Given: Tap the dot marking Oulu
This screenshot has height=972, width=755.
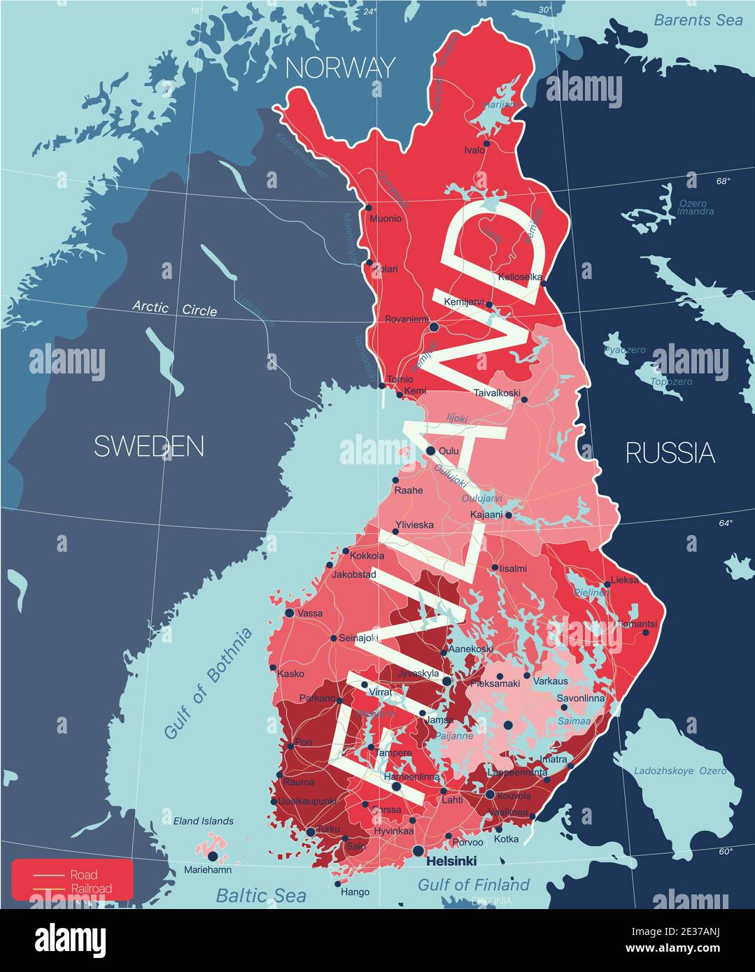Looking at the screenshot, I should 431,450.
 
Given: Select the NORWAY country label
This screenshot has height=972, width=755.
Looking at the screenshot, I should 340,68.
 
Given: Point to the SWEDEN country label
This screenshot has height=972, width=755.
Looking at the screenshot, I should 149,446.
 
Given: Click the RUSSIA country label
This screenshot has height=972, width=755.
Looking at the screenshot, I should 670,453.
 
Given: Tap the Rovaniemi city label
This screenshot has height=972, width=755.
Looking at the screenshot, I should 407,319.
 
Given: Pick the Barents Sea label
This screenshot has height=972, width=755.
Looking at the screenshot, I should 698,20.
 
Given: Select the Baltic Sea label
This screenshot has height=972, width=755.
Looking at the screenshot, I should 260,896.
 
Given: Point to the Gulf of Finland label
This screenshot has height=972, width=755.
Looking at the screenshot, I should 473,885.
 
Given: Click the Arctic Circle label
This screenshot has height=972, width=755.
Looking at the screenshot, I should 175,308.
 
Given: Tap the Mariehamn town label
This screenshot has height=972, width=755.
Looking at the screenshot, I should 207,871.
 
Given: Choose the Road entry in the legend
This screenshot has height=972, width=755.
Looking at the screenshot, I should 83,875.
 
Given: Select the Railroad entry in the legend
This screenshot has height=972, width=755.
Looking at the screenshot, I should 90,889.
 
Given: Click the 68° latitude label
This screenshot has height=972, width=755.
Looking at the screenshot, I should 723,182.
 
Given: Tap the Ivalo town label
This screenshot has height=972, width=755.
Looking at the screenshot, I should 474,150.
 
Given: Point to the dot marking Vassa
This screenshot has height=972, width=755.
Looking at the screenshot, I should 289,613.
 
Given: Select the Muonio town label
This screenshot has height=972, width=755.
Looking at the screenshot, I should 386,219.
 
